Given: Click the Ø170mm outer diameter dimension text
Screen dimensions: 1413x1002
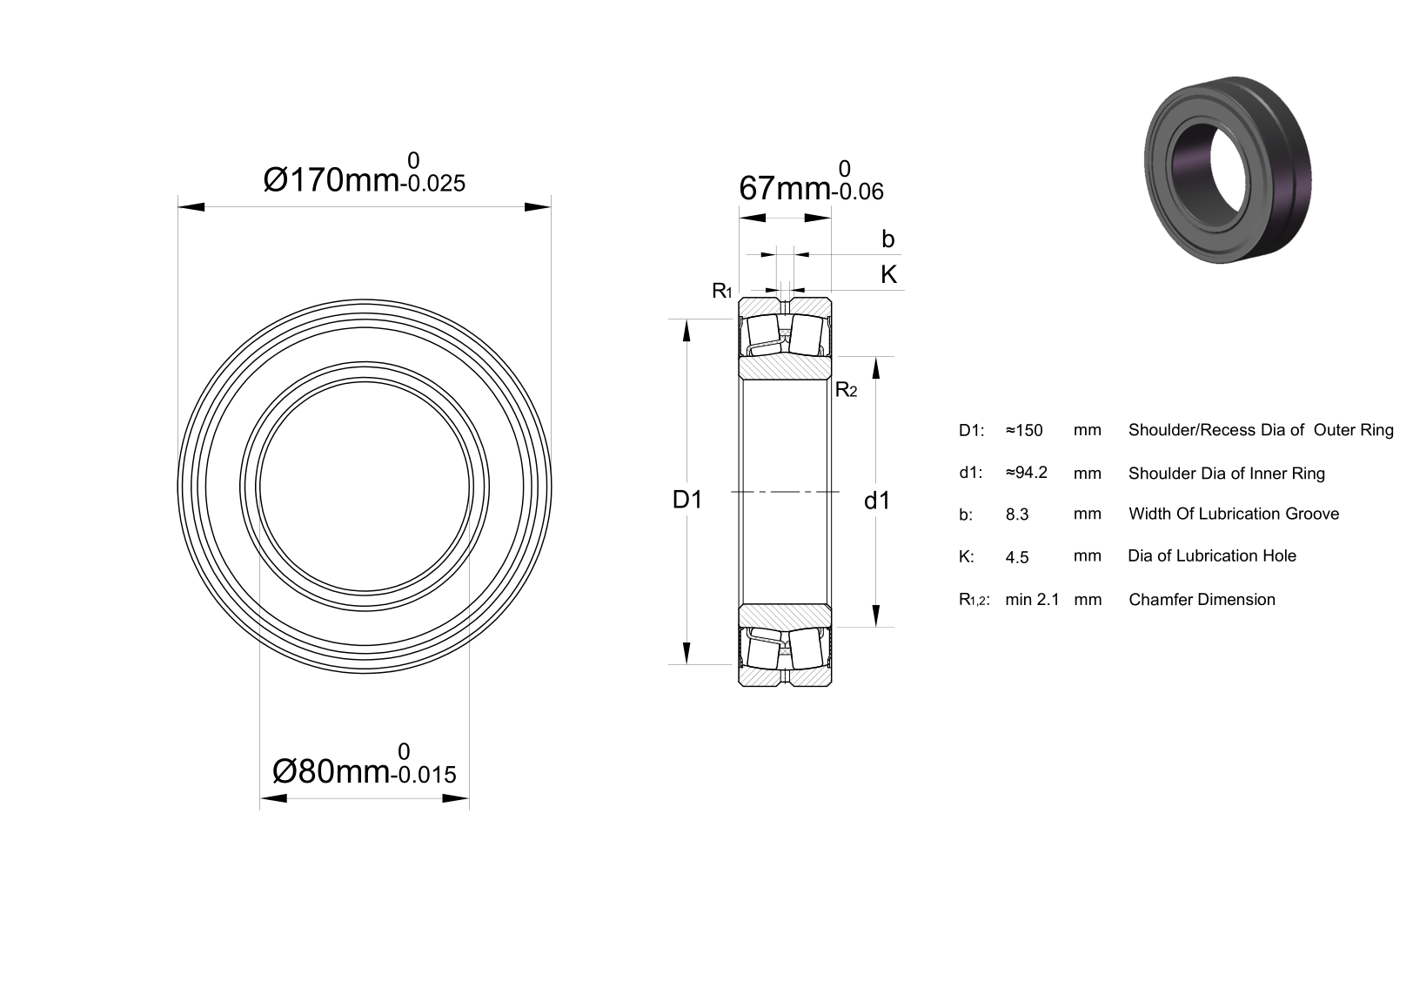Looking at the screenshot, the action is click(x=331, y=180).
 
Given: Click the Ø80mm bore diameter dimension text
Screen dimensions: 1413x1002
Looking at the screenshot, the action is click(x=331, y=771).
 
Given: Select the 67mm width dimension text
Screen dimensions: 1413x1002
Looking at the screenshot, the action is click(x=785, y=188).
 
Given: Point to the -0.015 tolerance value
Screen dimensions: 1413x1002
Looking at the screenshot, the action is click(x=423, y=775).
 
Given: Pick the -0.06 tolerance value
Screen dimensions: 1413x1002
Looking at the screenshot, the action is click(x=858, y=192).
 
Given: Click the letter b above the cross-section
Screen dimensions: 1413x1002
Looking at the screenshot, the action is click(x=887, y=239).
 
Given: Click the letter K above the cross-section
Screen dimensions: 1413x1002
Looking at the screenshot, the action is click(x=889, y=274).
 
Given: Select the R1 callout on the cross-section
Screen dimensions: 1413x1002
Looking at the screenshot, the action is click(x=721, y=291).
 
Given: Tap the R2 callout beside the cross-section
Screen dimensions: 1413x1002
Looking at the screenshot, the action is click(x=846, y=390).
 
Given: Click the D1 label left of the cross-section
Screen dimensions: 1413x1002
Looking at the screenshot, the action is click(x=687, y=500).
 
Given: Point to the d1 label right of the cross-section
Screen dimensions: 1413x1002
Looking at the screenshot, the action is click(x=877, y=501).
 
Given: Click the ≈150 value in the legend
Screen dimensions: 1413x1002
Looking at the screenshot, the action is click(x=1024, y=430).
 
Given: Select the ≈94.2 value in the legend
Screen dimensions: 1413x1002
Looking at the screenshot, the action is click(x=1027, y=473).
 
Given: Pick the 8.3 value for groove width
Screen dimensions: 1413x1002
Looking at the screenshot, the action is click(x=1017, y=514).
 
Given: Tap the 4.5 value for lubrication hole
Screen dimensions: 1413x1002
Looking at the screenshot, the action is click(x=1017, y=558).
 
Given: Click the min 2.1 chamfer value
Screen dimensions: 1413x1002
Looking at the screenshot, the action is click(x=1032, y=600).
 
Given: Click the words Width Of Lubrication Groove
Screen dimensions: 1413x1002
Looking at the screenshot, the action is click(x=1234, y=514).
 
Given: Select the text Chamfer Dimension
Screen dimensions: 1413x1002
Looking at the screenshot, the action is click(x=1202, y=600).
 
